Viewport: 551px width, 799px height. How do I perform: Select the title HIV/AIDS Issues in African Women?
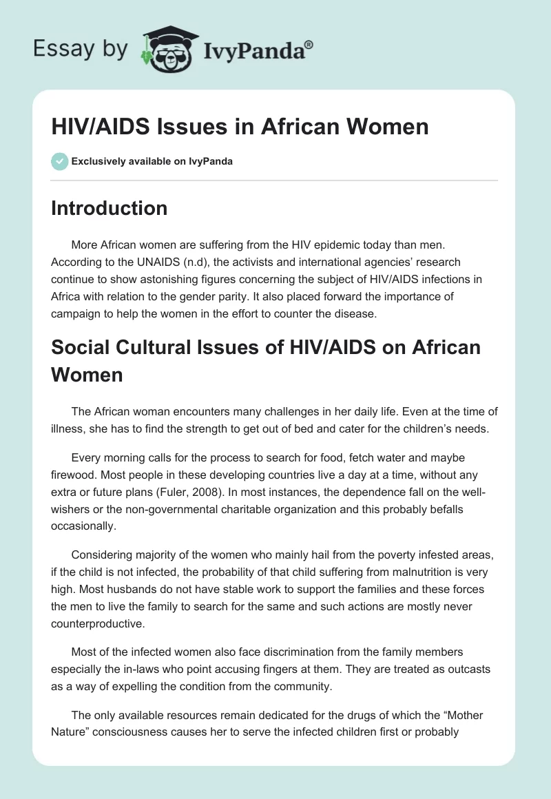pos(240,127)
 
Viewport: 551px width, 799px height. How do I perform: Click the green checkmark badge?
pos(59,161)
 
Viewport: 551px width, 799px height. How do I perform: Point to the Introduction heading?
pos(109,208)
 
